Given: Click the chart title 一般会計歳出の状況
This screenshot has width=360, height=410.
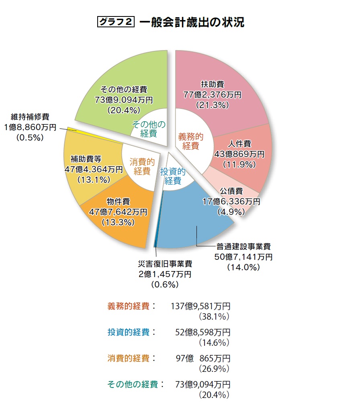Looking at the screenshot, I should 192,22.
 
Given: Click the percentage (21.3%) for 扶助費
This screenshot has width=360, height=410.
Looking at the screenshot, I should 213,105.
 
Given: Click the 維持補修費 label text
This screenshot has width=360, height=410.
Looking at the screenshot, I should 30,117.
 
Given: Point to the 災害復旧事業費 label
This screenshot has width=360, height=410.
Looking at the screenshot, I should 165,264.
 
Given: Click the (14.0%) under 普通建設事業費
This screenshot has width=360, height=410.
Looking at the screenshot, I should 243,267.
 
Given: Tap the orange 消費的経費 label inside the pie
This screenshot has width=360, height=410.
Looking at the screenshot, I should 142,167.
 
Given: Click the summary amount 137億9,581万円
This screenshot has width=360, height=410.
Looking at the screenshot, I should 200,306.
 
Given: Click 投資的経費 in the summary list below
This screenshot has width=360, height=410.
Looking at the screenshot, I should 128,332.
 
